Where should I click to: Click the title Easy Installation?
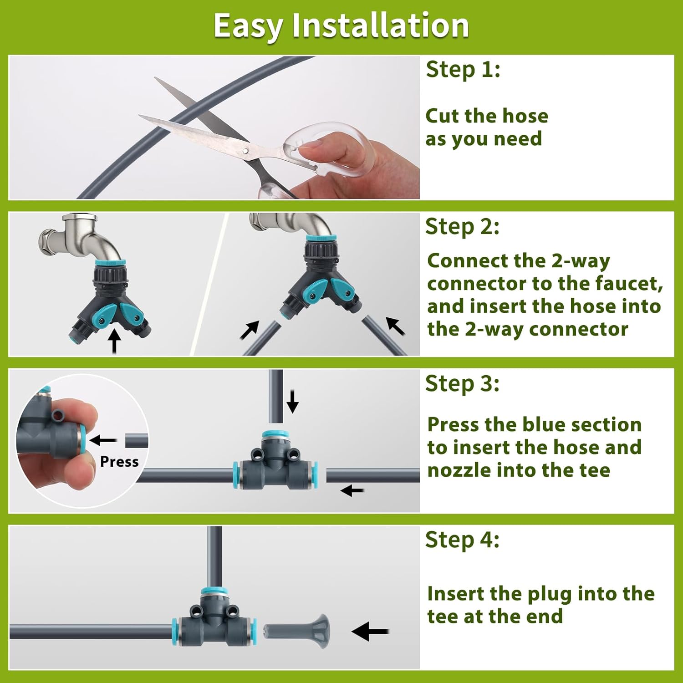[341, 25]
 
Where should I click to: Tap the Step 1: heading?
[463, 70]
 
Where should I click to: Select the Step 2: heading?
[462, 226]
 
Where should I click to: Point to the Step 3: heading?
[462, 383]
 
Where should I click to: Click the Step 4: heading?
[462, 540]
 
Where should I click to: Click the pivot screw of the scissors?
[245, 150]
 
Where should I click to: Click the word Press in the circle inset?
[119, 462]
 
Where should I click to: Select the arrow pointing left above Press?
[103, 440]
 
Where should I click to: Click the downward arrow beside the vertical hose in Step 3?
[293, 401]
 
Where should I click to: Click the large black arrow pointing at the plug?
[370, 632]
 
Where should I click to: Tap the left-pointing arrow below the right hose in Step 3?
[352, 490]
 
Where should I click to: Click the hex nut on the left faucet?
[48, 239]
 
